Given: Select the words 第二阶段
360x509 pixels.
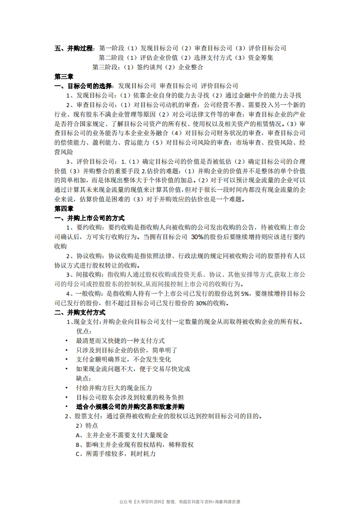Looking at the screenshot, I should click(111, 58).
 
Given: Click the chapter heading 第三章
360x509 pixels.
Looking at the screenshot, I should click(64, 76).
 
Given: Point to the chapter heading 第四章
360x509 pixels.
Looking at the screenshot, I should click(64, 209).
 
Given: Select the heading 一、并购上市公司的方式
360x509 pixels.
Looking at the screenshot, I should click(89, 218).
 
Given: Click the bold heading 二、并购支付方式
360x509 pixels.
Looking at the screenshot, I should click(80, 313).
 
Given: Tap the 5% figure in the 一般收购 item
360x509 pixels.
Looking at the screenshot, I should click(245, 294).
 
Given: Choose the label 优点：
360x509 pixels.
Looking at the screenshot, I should click(84, 331).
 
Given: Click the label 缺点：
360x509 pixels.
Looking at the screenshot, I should click(84, 378).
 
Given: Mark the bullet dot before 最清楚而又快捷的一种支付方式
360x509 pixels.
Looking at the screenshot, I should click(66, 341).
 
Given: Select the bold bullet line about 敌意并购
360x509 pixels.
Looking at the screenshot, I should click(130, 406).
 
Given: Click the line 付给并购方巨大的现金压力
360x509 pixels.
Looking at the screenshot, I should click(114, 388).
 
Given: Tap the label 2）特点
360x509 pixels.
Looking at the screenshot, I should click(86, 426).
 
